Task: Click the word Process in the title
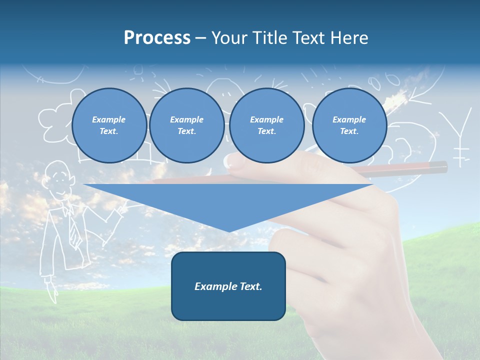click(x=157, y=38)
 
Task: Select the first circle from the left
click(x=109, y=125)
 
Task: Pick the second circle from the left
click(x=186, y=125)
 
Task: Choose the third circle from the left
click(x=266, y=125)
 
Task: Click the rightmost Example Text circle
click(x=349, y=125)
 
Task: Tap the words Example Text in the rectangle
click(x=228, y=286)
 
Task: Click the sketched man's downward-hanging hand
click(x=51, y=290)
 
